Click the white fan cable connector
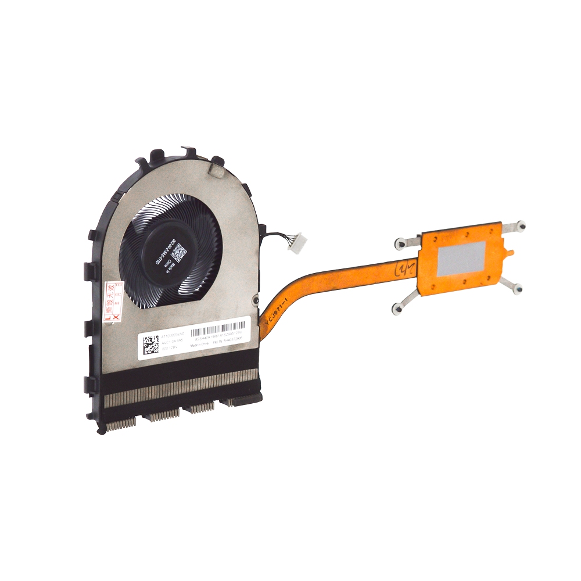(301, 239)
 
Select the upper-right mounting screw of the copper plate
(521, 225)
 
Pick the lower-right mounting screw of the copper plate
(518, 288)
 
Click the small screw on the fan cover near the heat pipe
(254, 300)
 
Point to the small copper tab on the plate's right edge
(510, 253)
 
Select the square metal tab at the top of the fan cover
(216, 170)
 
